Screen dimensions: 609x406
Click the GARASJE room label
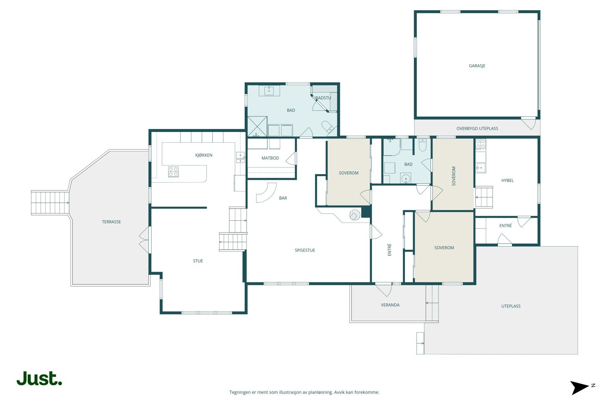pos(477,66)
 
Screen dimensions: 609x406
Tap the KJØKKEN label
pos(204,155)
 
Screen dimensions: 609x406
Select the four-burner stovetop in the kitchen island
pos(173,172)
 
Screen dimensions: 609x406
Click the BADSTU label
pos(323,98)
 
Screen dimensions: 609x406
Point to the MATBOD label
pos(270,158)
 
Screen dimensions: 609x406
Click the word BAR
pos(283,198)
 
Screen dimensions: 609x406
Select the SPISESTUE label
pos(305,250)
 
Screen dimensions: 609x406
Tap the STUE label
pos(198,261)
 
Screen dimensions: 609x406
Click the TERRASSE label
pos(111,222)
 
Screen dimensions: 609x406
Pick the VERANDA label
pos(390,305)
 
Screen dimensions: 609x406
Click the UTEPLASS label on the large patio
pos(511,306)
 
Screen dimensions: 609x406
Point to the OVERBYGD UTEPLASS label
pos(477,129)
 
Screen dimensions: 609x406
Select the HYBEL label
pos(507,180)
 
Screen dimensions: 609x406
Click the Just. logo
pos(40,378)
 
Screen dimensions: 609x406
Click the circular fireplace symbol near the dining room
pos(355,215)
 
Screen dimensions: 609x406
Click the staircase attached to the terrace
pos(50,203)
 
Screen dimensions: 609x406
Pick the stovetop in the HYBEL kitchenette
pos(481,144)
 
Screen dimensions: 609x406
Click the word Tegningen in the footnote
pos(240,392)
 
